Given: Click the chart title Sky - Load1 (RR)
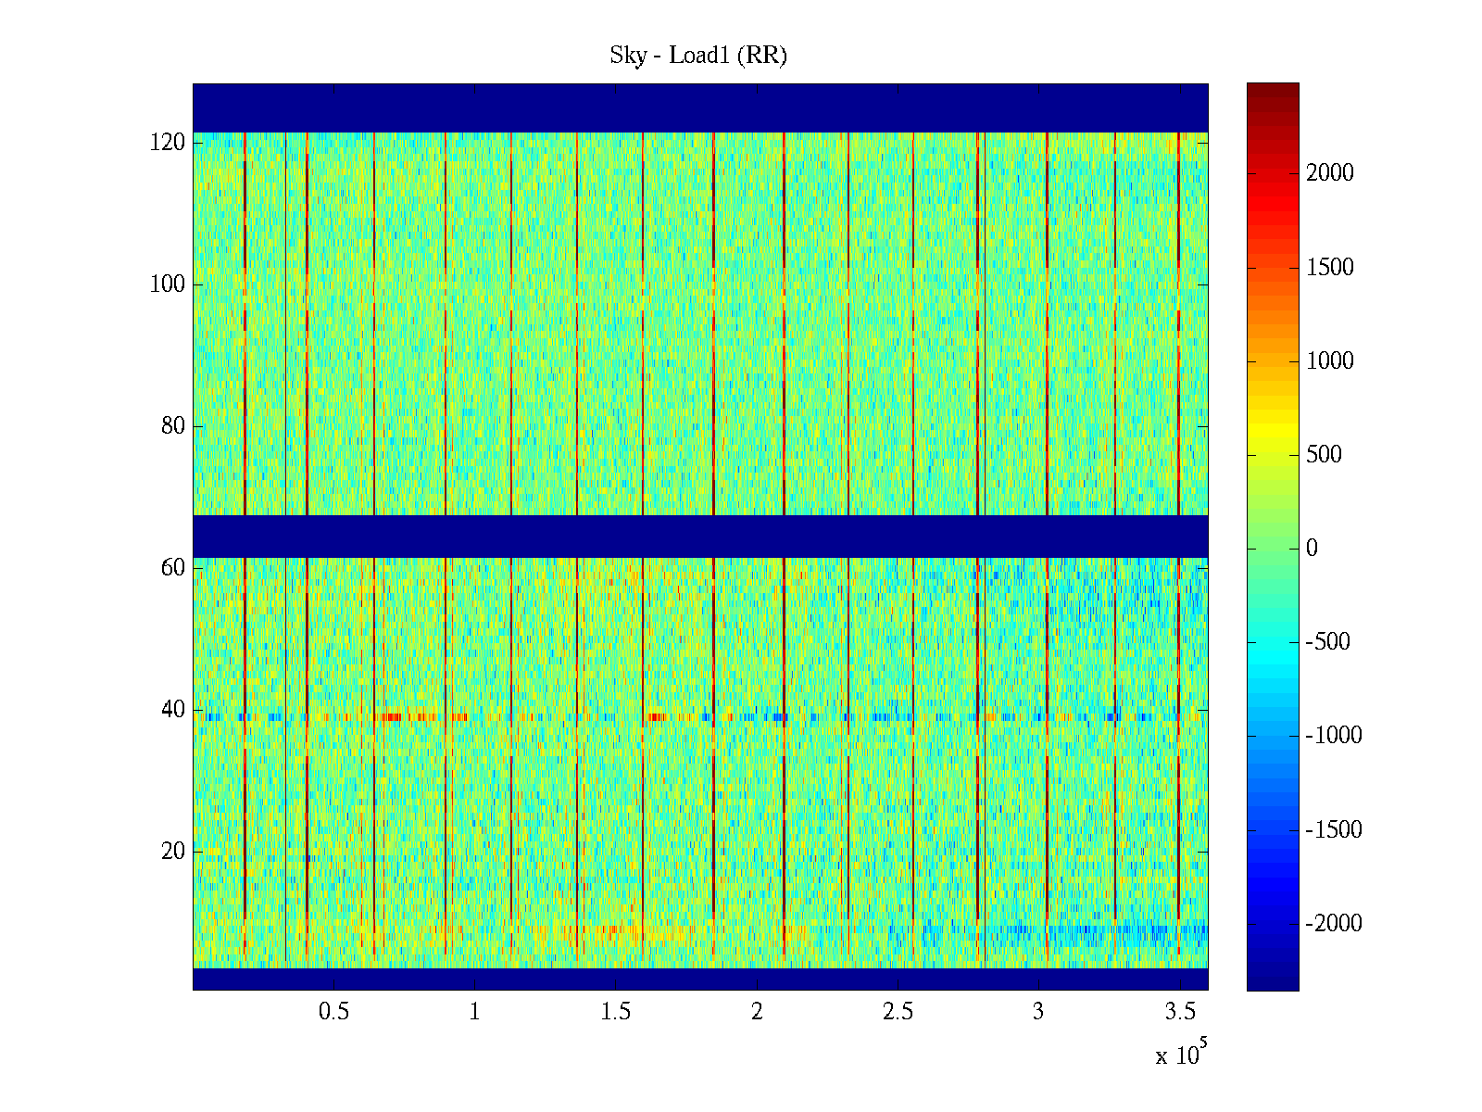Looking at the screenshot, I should [x=698, y=56].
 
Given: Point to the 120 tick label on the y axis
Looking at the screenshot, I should [x=168, y=143].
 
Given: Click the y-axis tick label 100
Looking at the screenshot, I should [x=168, y=284].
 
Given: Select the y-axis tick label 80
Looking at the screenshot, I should [x=173, y=426].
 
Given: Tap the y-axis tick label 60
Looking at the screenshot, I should [x=173, y=568].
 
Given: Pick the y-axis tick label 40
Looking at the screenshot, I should [x=173, y=710].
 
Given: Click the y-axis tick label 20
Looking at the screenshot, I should [x=173, y=852].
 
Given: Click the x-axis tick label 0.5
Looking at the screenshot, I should [x=333, y=1012].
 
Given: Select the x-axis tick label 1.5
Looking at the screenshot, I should [x=616, y=1012].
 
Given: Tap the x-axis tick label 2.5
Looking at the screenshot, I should [x=898, y=1012].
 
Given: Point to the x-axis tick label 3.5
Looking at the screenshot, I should [x=1179, y=1012].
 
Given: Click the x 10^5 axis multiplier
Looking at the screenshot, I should [x=1181, y=1055].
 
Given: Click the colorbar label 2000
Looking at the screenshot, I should [x=1330, y=173].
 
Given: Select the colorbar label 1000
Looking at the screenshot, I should [x=1330, y=361].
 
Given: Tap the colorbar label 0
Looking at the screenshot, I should [x=1312, y=549].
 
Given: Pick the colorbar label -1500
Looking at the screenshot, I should [x=1334, y=830].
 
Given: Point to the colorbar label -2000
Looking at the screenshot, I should [x=1334, y=924].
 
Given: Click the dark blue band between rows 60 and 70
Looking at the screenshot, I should [x=700, y=537].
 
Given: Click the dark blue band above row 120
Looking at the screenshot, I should [x=700, y=107].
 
